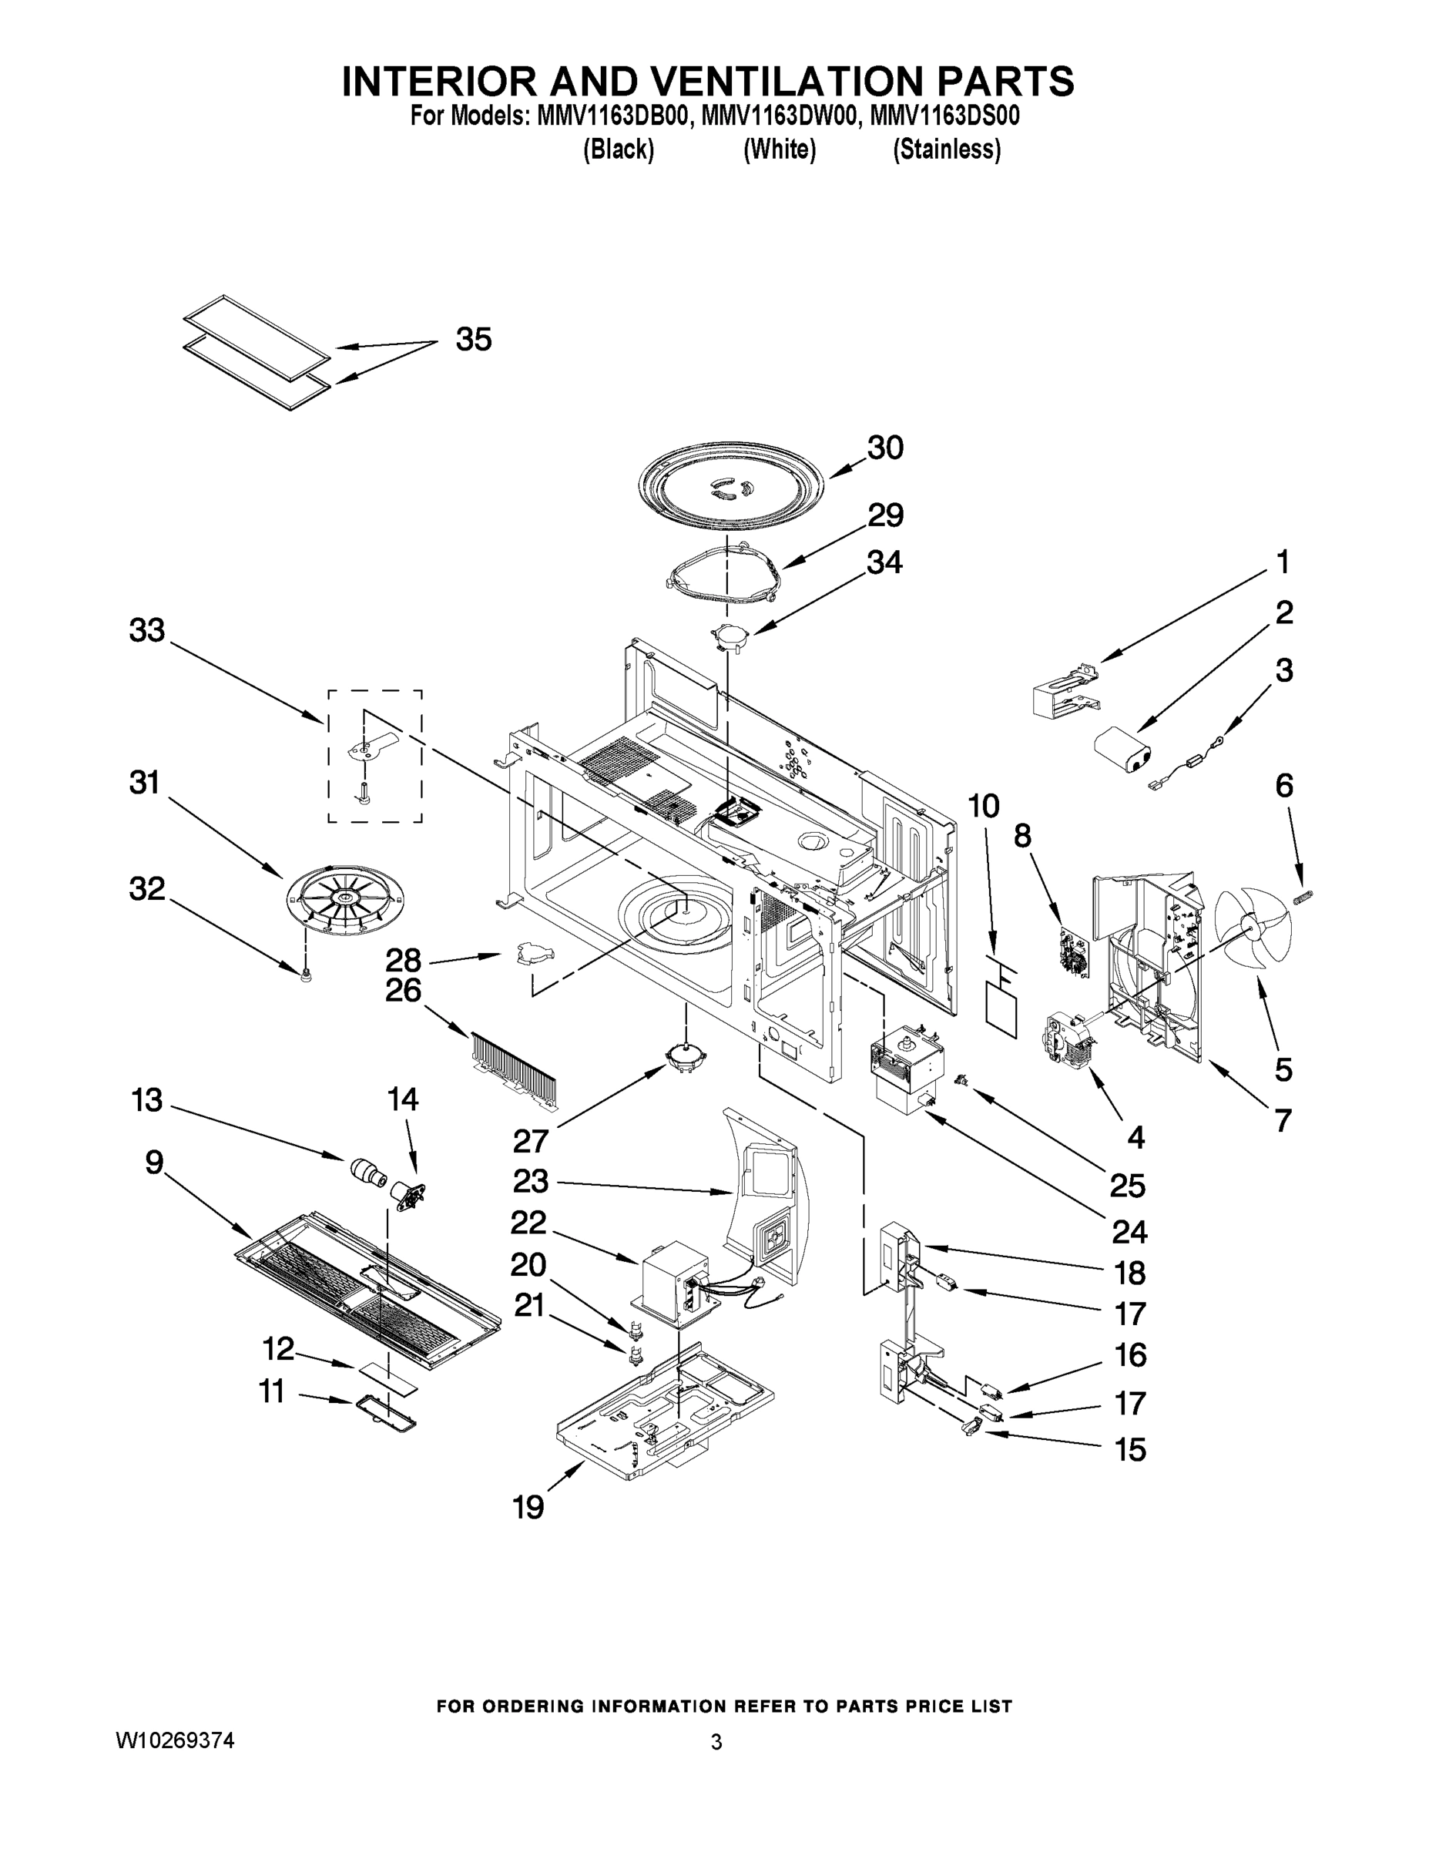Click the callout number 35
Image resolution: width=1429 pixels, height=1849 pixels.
pyautogui.click(x=473, y=340)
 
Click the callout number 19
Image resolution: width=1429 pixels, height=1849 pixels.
pyautogui.click(x=528, y=1507)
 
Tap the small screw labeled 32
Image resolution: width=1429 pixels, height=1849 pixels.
pyautogui.click(x=306, y=976)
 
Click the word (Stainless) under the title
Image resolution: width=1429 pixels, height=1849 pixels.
pyautogui.click(x=947, y=150)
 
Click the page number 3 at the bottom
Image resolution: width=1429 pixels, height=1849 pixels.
pyautogui.click(x=716, y=1743)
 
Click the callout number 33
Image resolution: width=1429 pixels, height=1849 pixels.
pyautogui.click(x=146, y=630)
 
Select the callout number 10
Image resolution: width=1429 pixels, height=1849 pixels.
pyautogui.click(x=983, y=806)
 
